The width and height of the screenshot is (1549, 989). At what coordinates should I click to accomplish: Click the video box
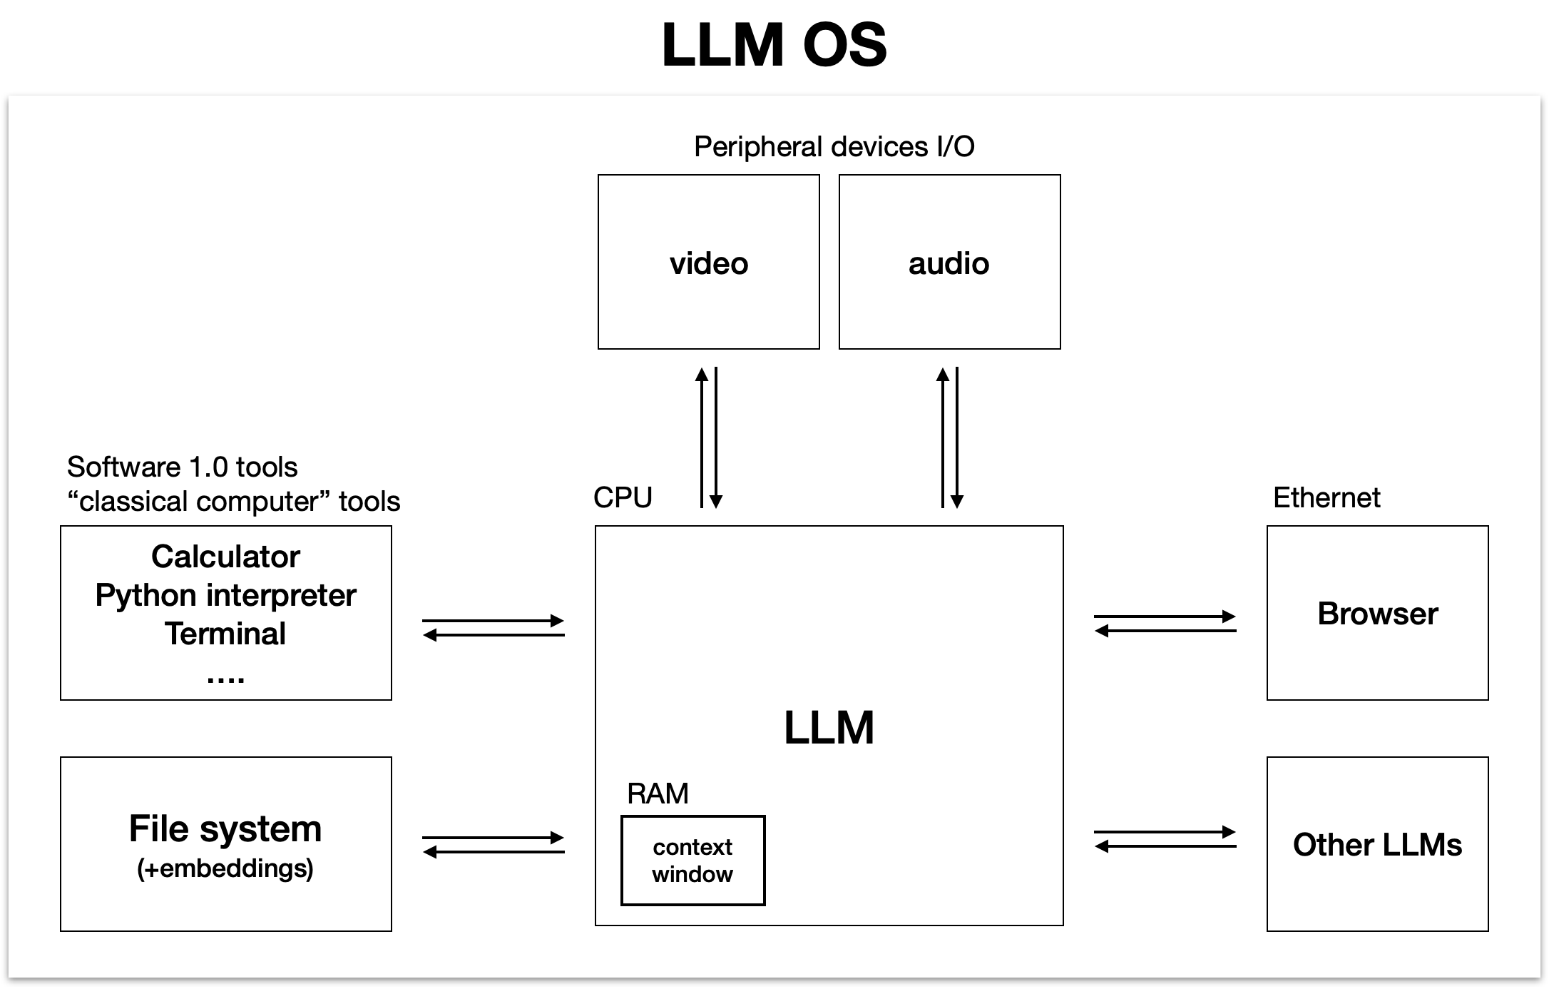[708, 262]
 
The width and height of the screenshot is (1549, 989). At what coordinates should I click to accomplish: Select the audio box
[949, 262]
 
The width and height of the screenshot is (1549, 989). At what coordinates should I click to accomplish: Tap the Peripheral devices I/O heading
[834, 147]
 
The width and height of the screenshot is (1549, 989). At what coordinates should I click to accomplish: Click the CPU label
[623, 497]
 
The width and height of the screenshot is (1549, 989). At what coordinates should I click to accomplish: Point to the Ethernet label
[1326, 497]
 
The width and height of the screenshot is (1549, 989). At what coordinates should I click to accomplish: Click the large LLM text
[829, 728]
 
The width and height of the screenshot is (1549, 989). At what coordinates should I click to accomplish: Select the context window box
[692, 861]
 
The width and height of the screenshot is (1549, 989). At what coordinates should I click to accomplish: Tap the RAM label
[658, 793]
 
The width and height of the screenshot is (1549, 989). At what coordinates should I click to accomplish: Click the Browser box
[1377, 613]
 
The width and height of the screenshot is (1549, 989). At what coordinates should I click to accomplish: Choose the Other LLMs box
[1377, 844]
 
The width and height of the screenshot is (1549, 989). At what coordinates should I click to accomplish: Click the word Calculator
[225, 557]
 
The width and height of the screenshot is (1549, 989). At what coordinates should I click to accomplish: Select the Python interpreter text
[225, 595]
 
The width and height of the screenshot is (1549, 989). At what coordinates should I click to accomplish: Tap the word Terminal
[225, 634]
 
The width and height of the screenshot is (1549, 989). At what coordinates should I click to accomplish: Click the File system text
[225, 828]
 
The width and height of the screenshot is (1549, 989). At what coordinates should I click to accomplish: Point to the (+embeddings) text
[225, 868]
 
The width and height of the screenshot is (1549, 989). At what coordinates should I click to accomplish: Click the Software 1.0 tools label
[182, 467]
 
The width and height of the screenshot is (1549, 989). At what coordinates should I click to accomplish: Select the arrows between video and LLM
[709, 437]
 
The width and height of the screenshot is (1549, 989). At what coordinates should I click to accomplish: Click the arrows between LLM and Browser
[1165, 624]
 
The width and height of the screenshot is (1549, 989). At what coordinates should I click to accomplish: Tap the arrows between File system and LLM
[494, 845]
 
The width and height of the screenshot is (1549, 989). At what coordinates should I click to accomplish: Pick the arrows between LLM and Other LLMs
[1165, 839]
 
